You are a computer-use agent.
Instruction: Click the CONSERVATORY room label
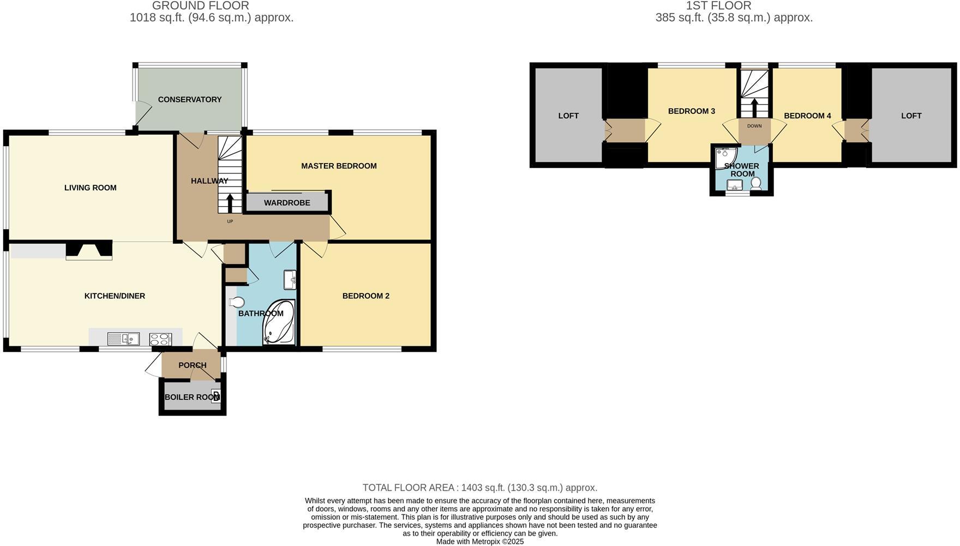tap(189, 99)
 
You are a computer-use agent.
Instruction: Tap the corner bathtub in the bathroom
tap(279, 322)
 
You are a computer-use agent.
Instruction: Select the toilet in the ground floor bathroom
tap(237, 302)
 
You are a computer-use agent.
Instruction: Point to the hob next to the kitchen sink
tap(160, 339)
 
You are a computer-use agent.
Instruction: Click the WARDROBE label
tap(287, 203)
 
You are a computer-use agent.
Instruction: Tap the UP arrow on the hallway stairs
tap(230, 203)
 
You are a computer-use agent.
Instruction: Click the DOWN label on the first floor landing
tap(754, 126)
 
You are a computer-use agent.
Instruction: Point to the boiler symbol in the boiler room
tap(216, 397)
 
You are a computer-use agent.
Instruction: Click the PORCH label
tap(192, 365)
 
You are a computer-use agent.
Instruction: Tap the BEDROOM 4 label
tap(807, 116)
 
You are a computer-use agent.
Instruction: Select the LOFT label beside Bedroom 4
tap(911, 116)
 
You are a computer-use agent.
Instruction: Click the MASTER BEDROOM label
tap(339, 166)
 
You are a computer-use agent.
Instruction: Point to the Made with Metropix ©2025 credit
tap(480, 542)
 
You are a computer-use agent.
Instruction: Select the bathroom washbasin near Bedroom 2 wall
tap(290, 280)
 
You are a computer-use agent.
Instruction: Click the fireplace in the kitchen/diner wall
tap(89, 250)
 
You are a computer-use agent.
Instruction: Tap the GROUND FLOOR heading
tap(200, 6)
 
